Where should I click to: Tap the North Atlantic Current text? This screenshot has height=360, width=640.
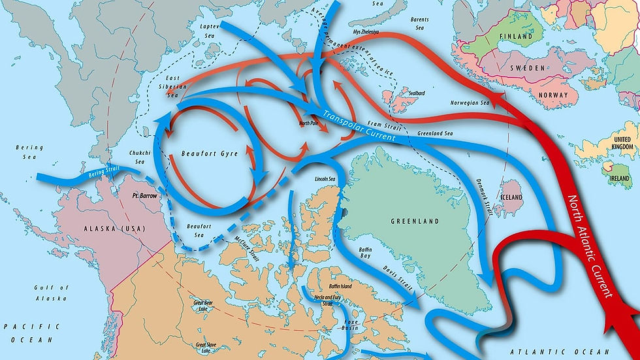point(590,246)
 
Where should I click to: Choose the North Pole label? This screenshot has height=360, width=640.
point(309,122)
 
